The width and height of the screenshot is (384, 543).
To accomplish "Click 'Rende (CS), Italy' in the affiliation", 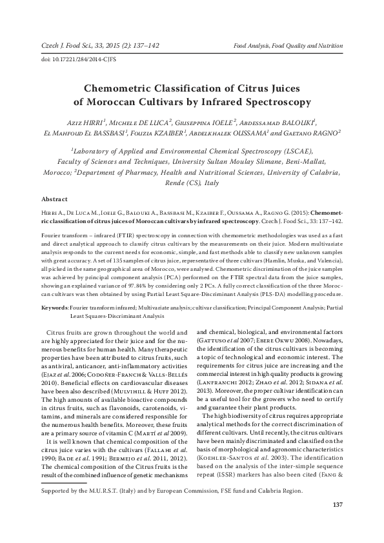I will click(x=192, y=183).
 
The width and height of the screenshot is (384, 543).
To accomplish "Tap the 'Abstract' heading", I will click(x=54, y=200).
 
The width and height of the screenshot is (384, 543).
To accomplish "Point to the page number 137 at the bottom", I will click(x=336, y=522).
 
